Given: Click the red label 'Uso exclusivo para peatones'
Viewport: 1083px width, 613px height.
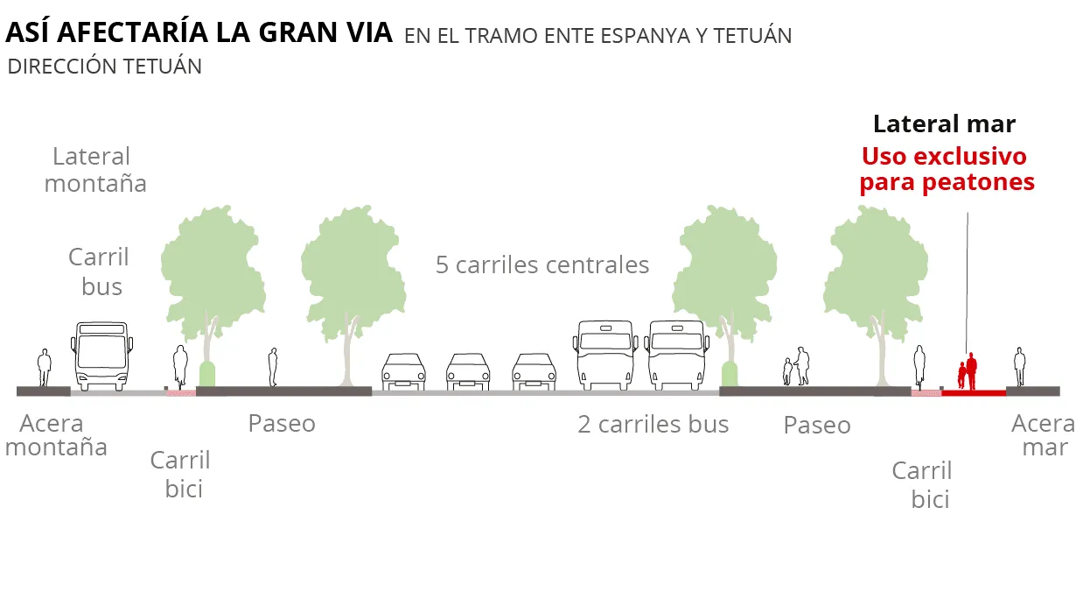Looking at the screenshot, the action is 947,170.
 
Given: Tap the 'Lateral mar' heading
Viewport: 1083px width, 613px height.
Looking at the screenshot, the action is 944,123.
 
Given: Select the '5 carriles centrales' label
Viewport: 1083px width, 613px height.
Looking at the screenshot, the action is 542,264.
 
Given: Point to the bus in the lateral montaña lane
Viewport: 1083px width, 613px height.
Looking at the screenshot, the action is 102,356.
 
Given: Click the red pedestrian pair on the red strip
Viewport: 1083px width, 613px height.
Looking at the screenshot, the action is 968,371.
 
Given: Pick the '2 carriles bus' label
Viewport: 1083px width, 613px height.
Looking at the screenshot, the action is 653,425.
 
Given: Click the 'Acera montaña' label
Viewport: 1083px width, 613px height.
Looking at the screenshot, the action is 56,435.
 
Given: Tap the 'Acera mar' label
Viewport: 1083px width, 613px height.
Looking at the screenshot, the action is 1045,435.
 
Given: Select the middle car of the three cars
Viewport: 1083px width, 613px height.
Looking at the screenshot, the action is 467,371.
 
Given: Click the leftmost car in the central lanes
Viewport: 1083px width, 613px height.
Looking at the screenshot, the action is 403,371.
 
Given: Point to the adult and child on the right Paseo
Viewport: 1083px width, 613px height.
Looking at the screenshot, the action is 796,366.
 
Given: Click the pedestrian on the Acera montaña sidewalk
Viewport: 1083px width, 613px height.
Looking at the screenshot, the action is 45,368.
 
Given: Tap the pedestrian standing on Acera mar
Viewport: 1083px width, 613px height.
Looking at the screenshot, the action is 1020,367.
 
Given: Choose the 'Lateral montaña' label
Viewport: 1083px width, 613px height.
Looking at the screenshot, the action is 94,170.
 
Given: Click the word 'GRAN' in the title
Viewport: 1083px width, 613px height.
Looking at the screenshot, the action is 297,32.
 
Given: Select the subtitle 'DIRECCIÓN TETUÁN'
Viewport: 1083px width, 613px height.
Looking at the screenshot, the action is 104,67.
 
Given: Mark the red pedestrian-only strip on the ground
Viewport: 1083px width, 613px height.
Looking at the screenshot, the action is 974,393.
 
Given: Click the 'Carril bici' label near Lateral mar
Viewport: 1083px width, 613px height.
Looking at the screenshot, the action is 923,485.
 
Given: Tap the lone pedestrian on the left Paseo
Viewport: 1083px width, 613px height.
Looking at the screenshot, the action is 273,367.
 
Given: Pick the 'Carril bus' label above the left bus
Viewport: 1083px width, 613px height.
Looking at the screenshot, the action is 99,271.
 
